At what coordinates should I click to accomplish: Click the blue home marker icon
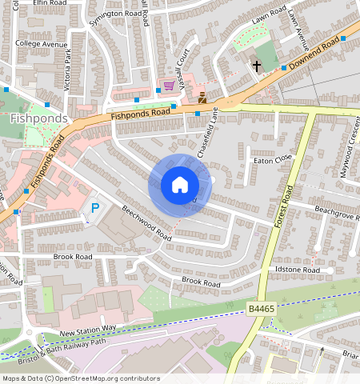click(180, 185)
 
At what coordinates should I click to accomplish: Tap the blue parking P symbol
click(94, 208)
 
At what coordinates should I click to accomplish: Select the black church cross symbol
click(257, 66)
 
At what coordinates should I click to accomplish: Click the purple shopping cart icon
click(169, 85)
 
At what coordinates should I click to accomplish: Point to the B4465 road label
click(260, 308)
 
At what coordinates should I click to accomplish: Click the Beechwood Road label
click(146, 224)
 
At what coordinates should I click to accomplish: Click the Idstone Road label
click(297, 271)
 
